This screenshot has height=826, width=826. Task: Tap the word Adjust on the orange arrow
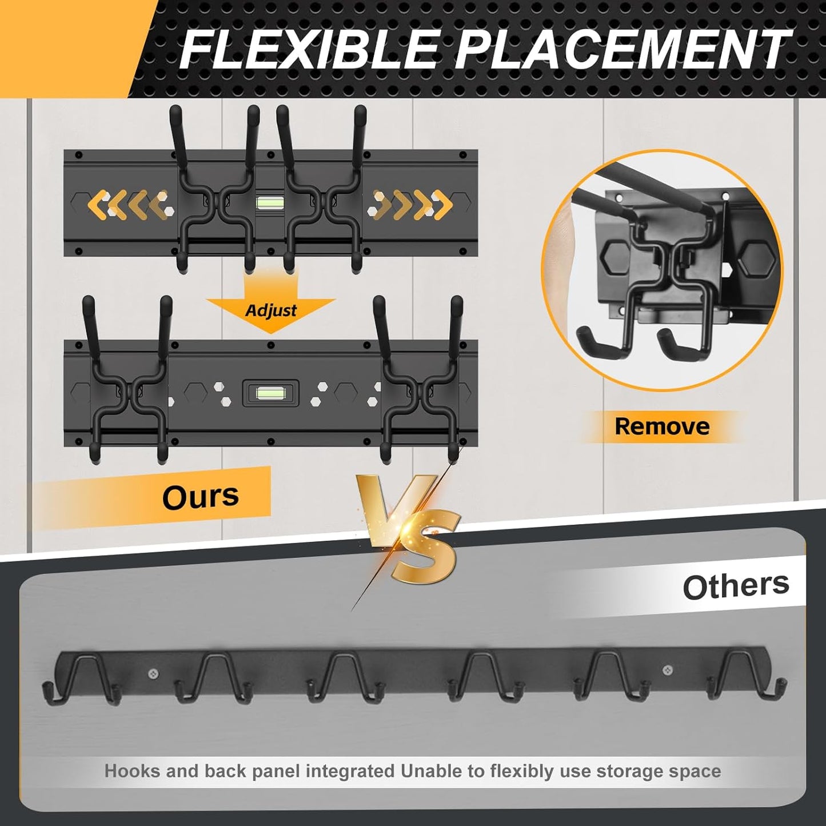[271, 310]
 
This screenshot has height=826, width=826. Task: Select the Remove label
[662, 426]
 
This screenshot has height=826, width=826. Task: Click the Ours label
[200, 496]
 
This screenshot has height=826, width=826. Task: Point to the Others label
[736, 586]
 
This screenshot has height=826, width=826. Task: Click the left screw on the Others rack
[153, 674]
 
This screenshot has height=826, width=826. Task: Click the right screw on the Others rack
[667, 669]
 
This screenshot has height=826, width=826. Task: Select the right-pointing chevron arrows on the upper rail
[412, 204]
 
